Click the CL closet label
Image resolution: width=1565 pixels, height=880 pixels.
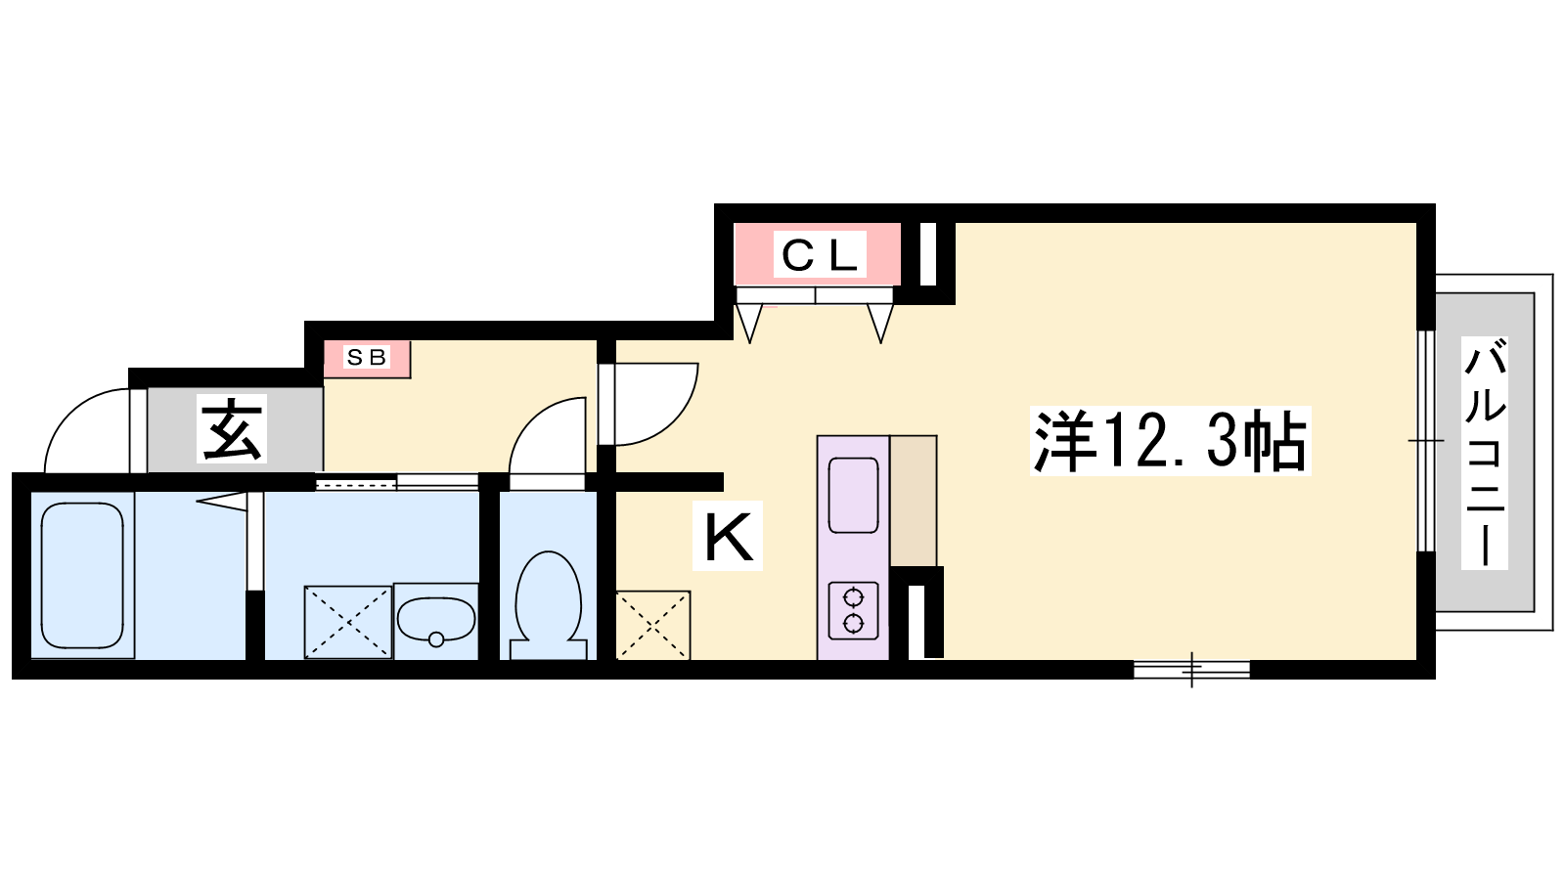(820, 255)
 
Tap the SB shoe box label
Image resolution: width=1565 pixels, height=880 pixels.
(367, 358)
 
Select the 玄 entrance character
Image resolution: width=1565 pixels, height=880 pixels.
(231, 428)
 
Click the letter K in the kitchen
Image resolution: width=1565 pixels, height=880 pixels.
(729, 537)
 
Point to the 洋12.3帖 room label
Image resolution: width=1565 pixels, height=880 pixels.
(1170, 441)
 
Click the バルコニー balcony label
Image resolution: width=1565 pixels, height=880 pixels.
(1485, 454)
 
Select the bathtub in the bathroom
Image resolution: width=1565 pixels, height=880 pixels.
(82, 576)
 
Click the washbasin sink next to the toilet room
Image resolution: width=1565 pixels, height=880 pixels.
(436, 620)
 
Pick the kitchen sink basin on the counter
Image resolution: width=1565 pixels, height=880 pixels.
(853, 495)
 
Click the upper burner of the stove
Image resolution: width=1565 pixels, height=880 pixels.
(853, 597)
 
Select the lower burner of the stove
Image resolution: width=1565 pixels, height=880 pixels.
(853, 623)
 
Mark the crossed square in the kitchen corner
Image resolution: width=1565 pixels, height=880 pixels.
(653, 625)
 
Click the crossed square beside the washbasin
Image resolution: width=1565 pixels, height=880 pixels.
(348, 622)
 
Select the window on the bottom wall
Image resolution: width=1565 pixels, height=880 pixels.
(1191, 670)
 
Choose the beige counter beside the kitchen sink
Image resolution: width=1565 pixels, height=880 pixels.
(914, 501)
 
